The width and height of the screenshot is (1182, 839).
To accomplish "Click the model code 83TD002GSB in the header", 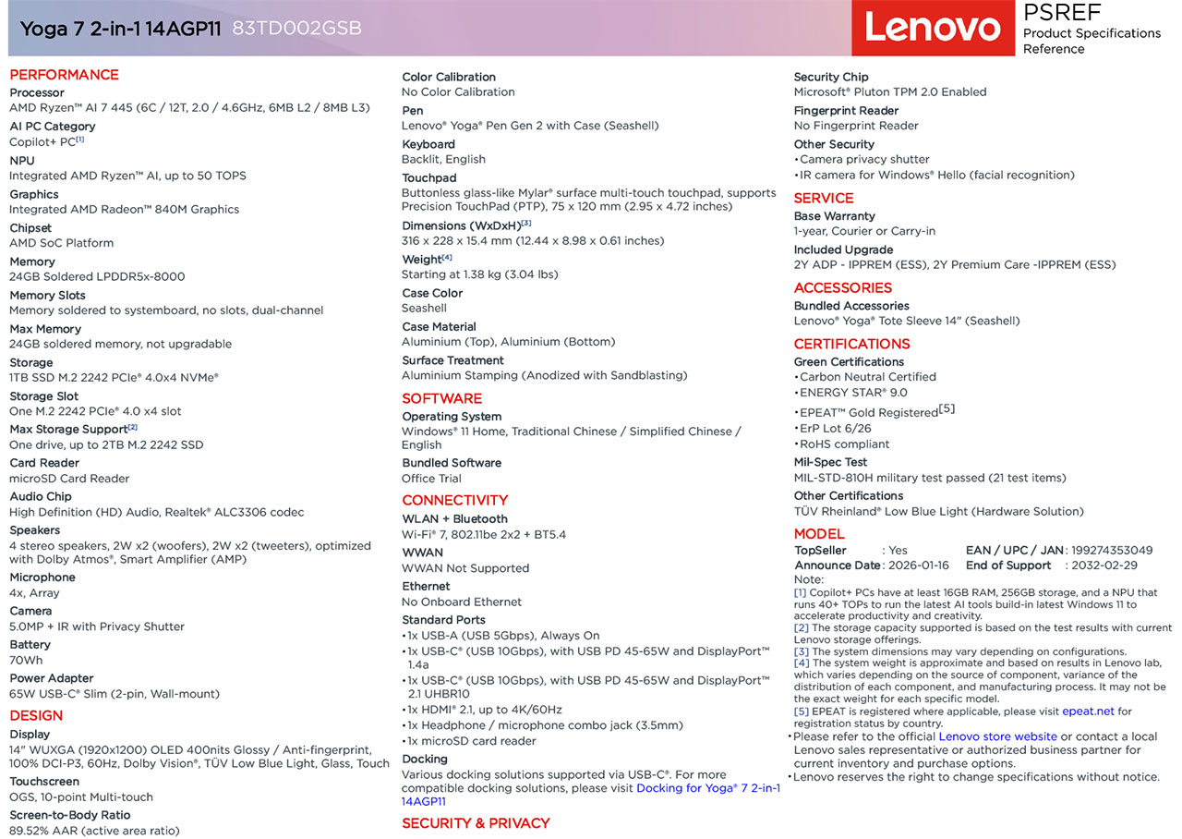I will point(296,29).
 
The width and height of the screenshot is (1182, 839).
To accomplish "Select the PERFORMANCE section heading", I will point(64,75).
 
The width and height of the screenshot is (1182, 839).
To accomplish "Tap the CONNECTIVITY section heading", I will point(454,500).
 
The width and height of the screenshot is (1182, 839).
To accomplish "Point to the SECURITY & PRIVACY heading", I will point(476,823).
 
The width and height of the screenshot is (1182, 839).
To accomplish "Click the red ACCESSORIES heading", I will point(842,287).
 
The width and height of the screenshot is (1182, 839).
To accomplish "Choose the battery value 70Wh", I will point(26,660).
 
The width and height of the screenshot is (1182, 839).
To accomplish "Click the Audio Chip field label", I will point(41,496).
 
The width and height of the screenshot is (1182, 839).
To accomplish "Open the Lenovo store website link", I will point(997,736).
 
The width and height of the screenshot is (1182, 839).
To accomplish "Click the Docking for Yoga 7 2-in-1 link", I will point(707,788).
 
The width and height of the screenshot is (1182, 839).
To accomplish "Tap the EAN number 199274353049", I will point(1112,550).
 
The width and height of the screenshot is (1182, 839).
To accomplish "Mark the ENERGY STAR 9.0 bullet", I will point(853,392).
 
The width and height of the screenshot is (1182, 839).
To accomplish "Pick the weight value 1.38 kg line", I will point(479,274).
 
